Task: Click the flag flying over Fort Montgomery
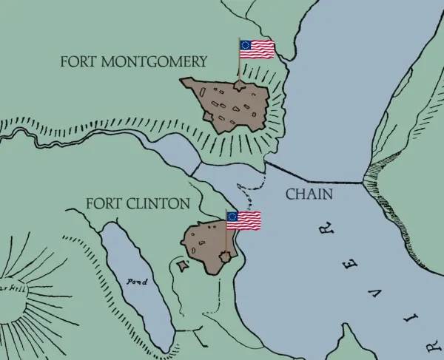click(257, 49)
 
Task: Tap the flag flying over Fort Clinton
click(243, 220)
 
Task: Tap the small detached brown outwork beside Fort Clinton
click(182, 264)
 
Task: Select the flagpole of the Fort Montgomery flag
click(239, 63)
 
